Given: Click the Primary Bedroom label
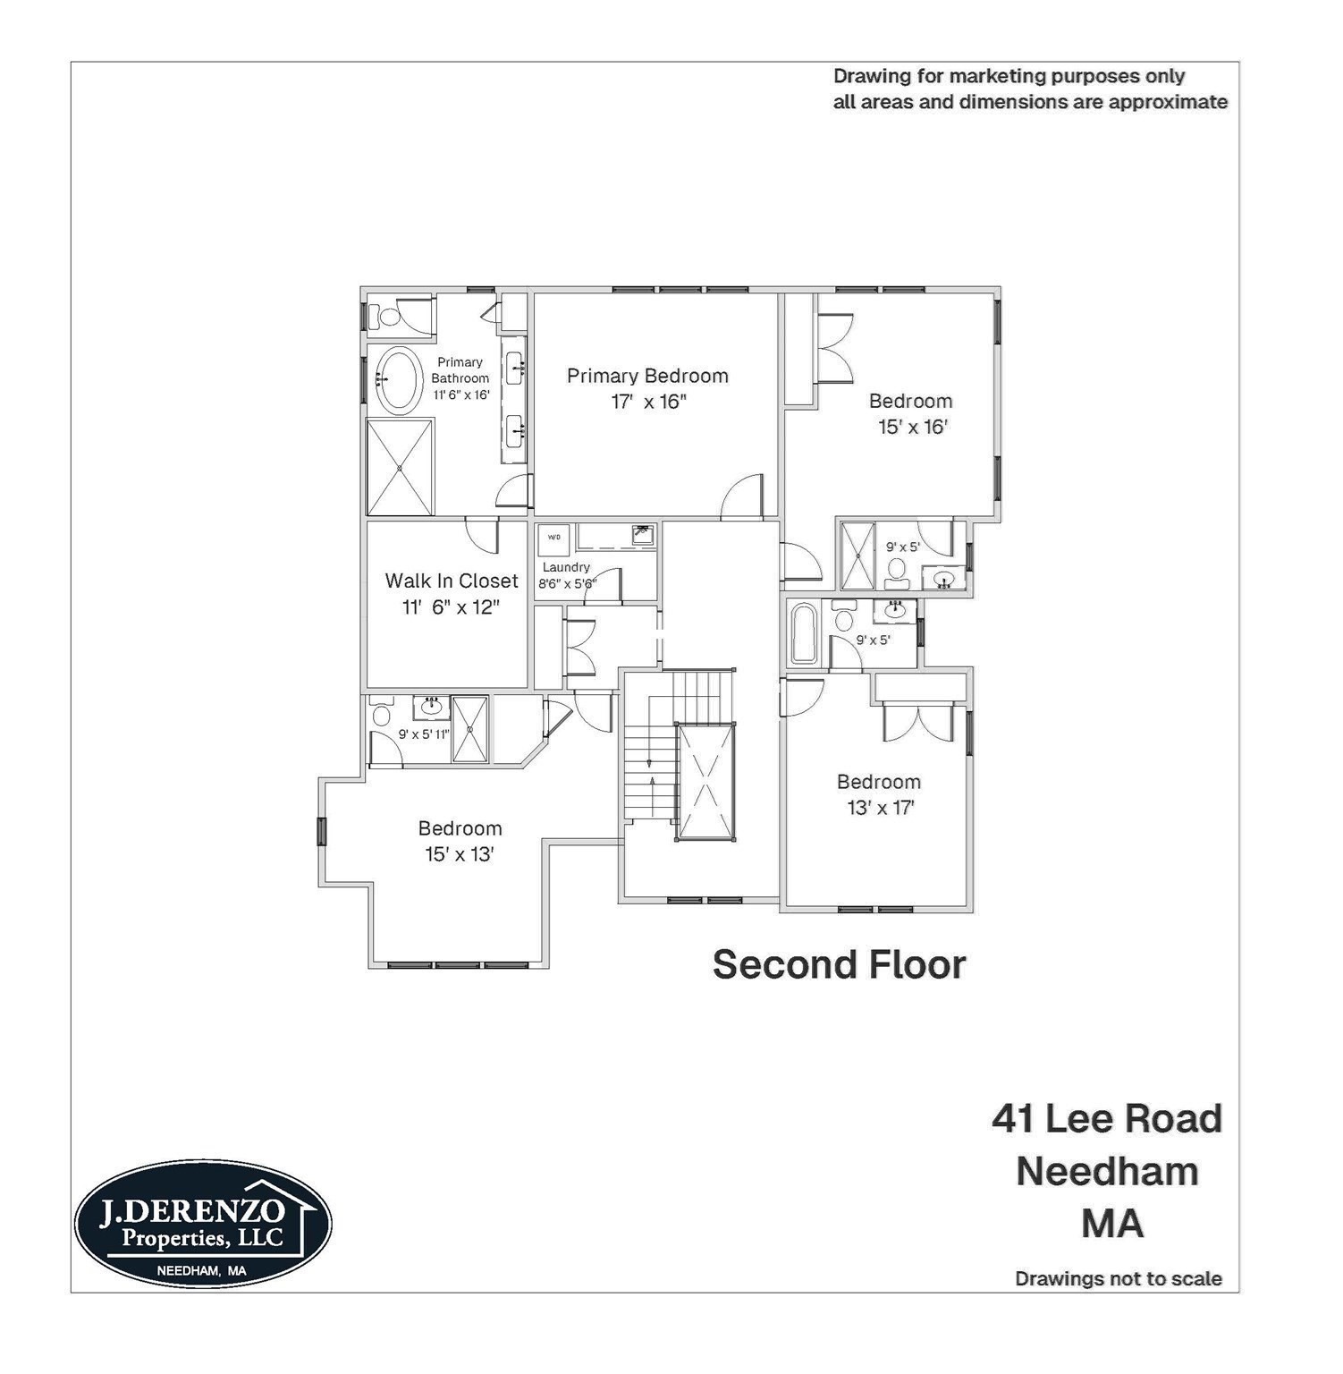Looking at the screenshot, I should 647,376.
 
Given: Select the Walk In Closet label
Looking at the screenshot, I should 451,581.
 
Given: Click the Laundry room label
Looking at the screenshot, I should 566,567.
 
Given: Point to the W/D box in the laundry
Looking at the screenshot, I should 553,537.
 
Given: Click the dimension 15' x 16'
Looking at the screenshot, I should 912,427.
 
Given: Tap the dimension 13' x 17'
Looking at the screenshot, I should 880,808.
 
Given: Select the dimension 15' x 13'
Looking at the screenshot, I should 460,854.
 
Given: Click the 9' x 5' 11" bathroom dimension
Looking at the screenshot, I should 424,734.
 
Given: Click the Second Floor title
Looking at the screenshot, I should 839,964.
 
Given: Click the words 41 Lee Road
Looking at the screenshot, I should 1106,1119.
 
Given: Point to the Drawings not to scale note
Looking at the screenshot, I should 1118,1278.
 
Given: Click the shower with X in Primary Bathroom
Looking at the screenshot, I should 400,467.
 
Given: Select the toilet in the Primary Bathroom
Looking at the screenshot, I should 390,316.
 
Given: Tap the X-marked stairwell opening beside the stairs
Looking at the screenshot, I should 705,781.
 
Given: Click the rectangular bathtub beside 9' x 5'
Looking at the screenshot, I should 803,633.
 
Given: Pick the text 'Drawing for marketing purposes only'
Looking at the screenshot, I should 1009,76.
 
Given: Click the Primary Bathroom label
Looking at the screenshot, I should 460,369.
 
